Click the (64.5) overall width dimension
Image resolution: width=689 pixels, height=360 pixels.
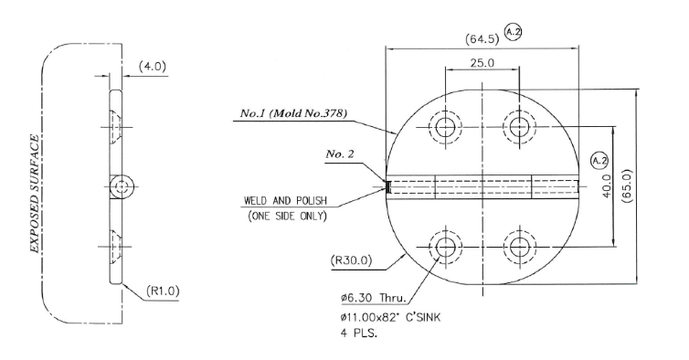point(482,39)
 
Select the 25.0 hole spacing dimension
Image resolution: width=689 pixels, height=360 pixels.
point(482,63)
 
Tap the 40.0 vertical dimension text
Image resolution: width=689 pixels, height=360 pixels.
point(607,185)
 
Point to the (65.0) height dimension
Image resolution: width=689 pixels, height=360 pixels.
point(627,185)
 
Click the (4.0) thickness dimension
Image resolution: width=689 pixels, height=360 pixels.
point(153,67)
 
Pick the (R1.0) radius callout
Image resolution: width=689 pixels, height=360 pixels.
point(163,291)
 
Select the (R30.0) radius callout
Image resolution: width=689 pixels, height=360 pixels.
point(351,260)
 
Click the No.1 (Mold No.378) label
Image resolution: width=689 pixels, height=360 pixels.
point(293,113)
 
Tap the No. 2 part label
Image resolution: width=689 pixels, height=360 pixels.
point(340,154)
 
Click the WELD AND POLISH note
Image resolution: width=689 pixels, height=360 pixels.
point(286,201)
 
